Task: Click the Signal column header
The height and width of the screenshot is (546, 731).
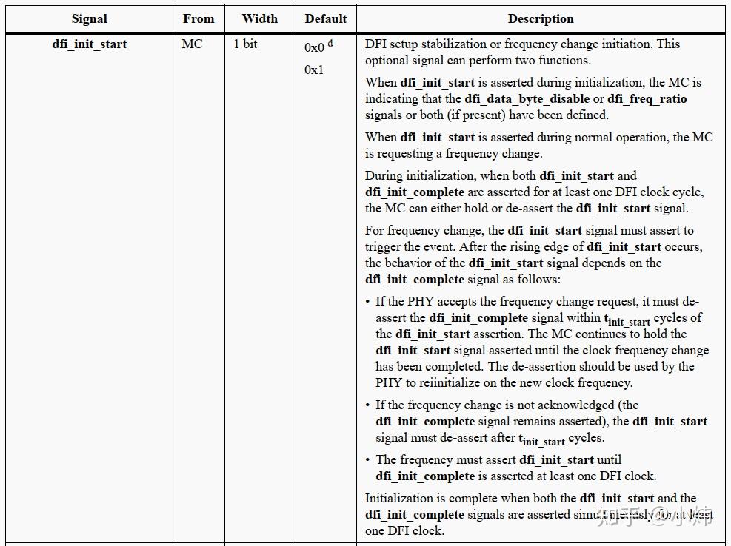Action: [90, 19]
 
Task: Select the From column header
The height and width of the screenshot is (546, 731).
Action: [198, 19]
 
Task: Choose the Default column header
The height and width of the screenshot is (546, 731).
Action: [326, 19]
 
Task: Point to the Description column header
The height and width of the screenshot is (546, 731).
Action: [541, 19]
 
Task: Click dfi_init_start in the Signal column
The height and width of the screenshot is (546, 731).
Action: [90, 44]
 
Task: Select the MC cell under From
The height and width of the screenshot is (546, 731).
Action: [192, 44]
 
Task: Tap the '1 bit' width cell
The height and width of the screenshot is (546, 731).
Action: [246, 44]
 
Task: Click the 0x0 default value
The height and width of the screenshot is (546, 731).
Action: [314, 48]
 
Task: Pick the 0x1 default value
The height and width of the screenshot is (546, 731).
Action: [314, 70]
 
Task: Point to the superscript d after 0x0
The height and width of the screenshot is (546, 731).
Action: [330, 44]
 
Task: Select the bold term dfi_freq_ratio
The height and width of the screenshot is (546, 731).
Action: [647, 99]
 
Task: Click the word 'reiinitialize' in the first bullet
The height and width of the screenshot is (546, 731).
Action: [438, 383]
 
